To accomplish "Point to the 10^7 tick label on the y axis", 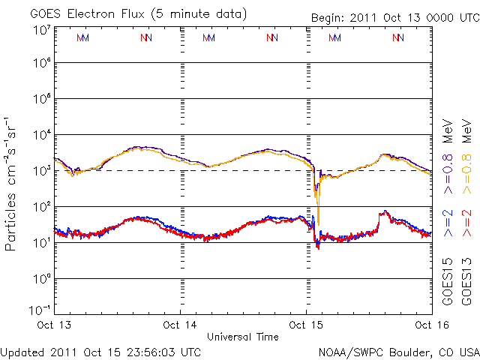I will (42, 29).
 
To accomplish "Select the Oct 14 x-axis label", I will (181, 325).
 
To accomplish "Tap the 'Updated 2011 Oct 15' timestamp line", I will (101, 351).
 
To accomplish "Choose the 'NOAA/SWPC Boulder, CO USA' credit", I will (398, 351).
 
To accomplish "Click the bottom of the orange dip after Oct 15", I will (319, 223).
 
